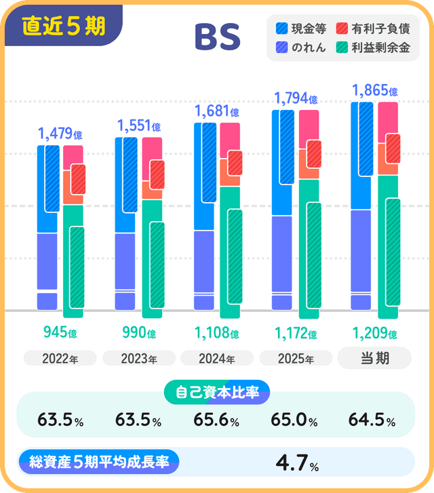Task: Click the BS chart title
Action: (x=217, y=38)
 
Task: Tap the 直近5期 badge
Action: (x=63, y=26)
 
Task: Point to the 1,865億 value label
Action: (x=374, y=90)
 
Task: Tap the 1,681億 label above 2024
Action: (x=217, y=111)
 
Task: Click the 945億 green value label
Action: (x=60, y=333)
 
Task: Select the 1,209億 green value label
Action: (x=374, y=333)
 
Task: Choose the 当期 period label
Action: (x=374, y=358)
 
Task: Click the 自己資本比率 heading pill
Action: (x=217, y=392)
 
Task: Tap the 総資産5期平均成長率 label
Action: (x=100, y=461)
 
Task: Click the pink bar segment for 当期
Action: (x=388, y=117)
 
